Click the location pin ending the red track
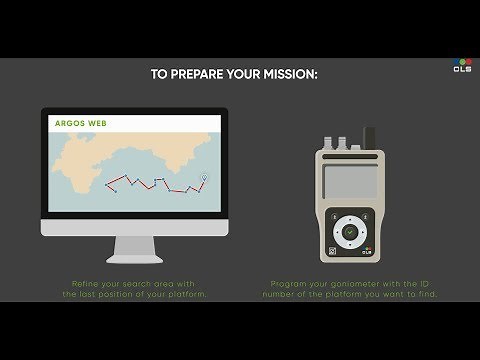(x=203, y=179)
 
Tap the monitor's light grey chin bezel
(x=134, y=227)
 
